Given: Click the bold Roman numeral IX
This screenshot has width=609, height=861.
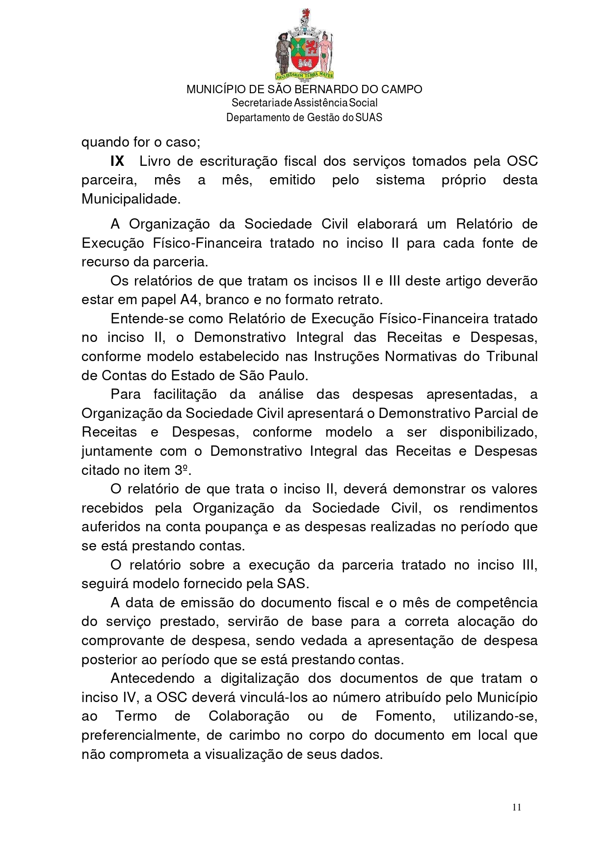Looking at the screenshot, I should [x=117, y=161].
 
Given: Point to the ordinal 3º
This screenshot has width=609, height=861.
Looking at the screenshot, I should [x=182, y=470].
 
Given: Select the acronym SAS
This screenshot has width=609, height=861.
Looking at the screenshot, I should [x=291, y=584].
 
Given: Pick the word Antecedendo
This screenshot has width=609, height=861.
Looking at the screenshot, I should [x=153, y=678].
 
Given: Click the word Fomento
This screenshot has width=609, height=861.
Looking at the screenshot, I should [x=405, y=716].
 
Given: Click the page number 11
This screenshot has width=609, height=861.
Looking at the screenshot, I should [x=516, y=808].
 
